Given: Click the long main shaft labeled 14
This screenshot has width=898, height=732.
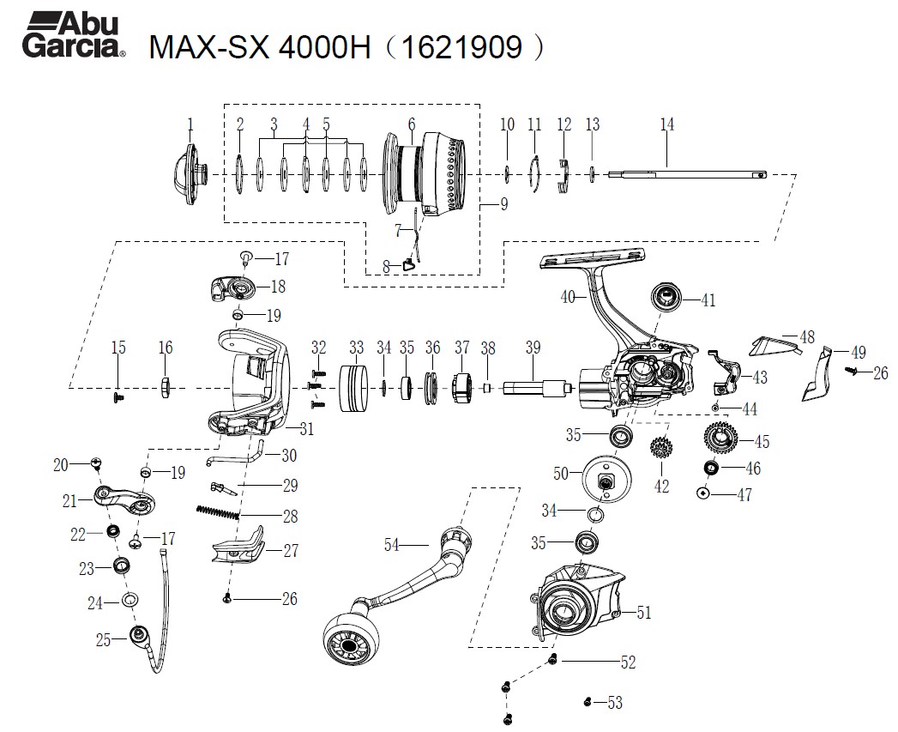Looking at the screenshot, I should tap(686, 175).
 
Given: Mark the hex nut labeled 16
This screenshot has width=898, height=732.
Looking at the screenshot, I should tap(166, 387).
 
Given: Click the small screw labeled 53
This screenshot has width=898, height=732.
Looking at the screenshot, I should tap(588, 702).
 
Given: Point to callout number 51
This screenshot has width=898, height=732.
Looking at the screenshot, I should tap(643, 612).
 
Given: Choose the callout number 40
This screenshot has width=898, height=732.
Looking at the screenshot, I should tap(567, 297).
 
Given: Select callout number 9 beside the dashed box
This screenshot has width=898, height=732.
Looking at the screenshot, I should tap(504, 204).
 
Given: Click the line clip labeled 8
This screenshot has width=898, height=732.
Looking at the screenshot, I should tap(409, 264).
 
